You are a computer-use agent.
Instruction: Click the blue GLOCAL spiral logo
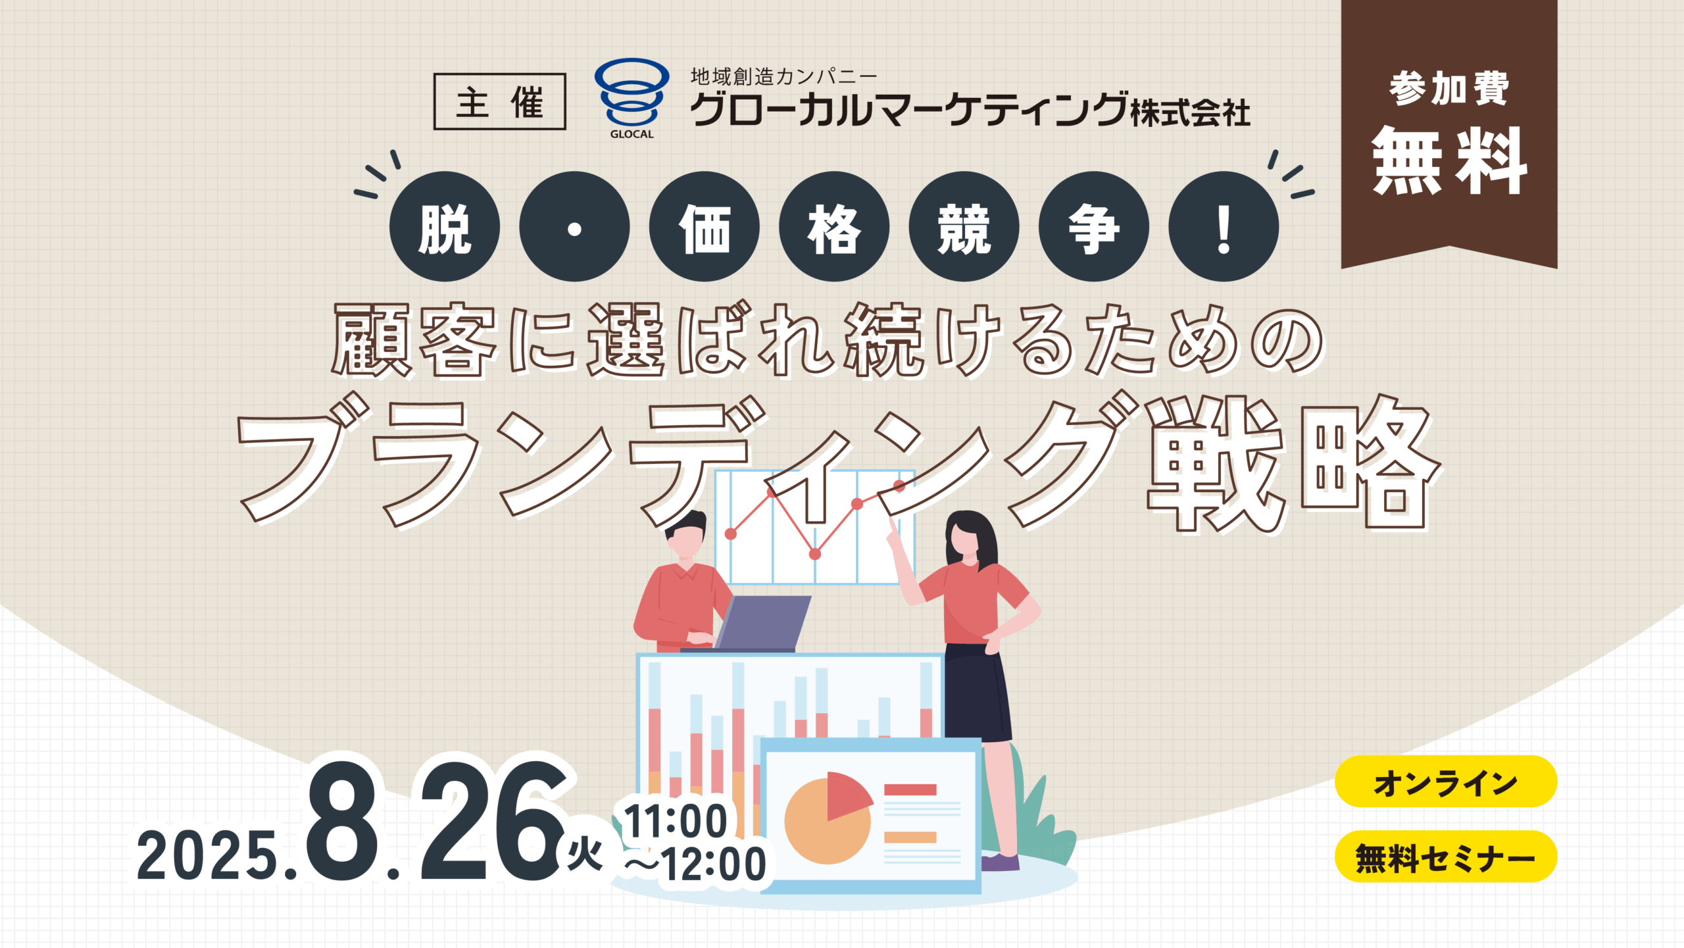[x=631, y=92]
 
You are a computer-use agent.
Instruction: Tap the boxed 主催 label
[x=499, y=101]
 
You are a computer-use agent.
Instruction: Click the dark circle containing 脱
[x=445, y=227]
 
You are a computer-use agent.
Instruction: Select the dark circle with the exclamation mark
[x=1224, y=227]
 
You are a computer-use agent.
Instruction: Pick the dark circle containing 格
[x=834, y=227]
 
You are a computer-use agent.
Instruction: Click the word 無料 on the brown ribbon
[x=1449, y=161]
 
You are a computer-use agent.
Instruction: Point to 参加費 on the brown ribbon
[x=1449, y=89]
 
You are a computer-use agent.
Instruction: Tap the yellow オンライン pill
[x=1446, y=782]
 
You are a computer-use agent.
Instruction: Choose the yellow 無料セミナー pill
[x=1446, y=857]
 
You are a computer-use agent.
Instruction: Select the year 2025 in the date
[x=207, y=855]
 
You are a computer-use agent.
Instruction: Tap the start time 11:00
[x=676, y=821]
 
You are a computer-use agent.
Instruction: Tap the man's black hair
[x=687, y=525]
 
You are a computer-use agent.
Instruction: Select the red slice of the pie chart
[x=847, y=794]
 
